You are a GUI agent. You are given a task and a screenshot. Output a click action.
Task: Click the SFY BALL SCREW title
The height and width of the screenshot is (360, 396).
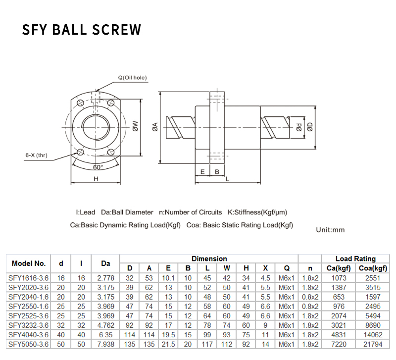click(82, 30)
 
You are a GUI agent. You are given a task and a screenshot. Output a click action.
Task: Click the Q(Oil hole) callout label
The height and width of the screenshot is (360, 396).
click(132, 78)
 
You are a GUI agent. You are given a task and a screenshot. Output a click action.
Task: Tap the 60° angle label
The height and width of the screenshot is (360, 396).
click(98, 167)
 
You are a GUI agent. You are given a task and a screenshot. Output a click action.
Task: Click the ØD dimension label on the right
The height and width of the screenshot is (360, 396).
click(310, 127)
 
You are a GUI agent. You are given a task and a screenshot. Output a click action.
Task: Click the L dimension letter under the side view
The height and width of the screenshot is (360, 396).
click(227, 179)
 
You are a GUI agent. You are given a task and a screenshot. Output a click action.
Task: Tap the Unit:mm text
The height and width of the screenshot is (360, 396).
click(330, 230)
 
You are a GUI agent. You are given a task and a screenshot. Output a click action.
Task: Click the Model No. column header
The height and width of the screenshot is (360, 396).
click(29, 263)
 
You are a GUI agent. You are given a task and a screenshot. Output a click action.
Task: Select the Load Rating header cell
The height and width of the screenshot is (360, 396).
click(355, 258)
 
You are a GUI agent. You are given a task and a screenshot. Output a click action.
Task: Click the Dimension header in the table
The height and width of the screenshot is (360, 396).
click(209, 258)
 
